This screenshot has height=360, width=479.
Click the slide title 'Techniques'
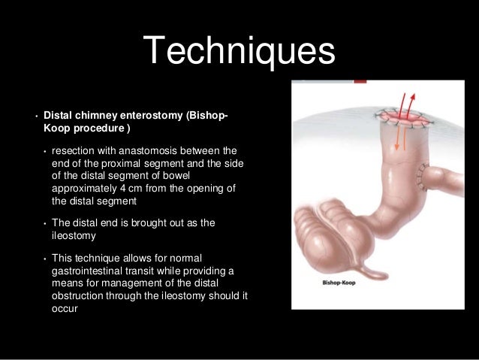(x=239, y=52)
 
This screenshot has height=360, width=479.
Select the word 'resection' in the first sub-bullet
(x=74, y=150)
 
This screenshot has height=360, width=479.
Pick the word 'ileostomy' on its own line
(x=74, y=237)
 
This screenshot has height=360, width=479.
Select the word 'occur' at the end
(x=65, y=308)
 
